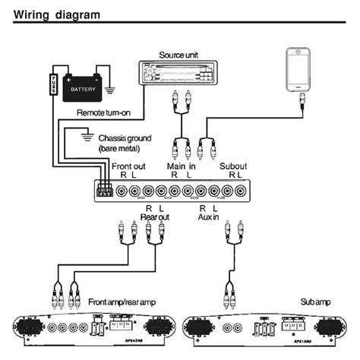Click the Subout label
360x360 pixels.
click(x=232, y=166)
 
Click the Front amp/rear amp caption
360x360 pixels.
click(x=123, y=301)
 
